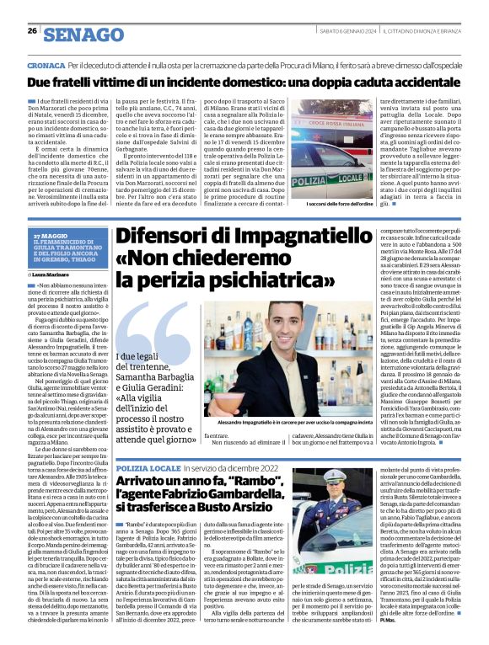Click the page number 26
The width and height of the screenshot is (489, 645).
[32, 30]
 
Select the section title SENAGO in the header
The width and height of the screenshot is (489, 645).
[83, 33]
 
